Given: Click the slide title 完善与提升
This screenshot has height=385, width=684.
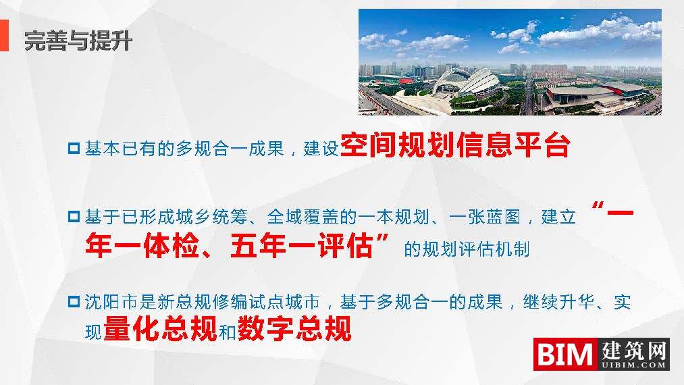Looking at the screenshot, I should (78, 42).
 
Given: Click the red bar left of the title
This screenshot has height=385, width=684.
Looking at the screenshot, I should (4, 35).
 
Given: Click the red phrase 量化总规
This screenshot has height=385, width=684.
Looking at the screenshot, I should (160, 330).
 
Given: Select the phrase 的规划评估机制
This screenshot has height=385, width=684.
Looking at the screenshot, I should (467, 250).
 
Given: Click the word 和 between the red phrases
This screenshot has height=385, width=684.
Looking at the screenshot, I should (228, 333).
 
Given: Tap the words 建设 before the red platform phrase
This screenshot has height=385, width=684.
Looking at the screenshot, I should (321, 149).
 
